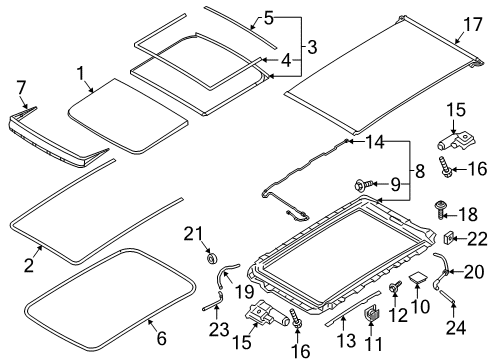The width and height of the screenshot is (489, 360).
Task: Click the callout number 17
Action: (473, 25)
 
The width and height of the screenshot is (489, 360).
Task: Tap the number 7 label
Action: (21, 88)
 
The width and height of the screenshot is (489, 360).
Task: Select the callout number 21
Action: (193, 234)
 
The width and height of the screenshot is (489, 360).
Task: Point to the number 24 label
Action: (456, 327)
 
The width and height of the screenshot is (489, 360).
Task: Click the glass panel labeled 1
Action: (128, 116)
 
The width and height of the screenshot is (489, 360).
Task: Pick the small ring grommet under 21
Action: (212, 258)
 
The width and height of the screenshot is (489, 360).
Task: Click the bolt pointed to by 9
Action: (362, 184)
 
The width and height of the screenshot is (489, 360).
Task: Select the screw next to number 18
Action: (441, 209)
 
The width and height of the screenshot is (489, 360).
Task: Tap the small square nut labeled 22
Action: (448, 238)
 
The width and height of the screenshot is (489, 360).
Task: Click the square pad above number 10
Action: (418, 277)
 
